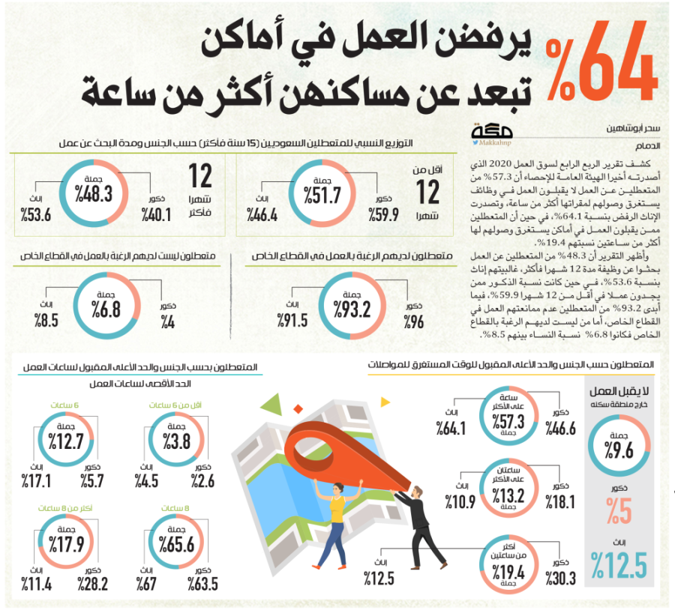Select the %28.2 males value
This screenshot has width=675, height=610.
(x=97, y=584)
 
